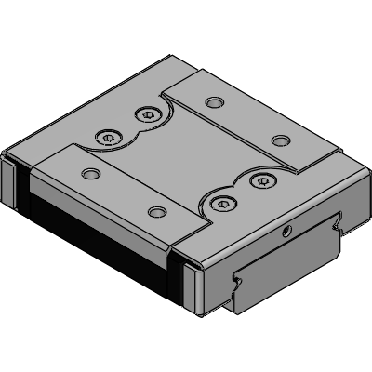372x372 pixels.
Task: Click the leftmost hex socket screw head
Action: coord(109,139)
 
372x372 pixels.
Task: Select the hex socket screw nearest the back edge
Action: coord(144,115)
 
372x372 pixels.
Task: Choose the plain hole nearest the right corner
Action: coord(277,141)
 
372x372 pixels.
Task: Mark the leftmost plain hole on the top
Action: coord(89,174)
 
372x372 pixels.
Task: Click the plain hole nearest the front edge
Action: coord(157,213)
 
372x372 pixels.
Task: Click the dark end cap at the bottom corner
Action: coord(193,288)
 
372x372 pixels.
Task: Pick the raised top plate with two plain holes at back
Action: coord(246,116)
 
